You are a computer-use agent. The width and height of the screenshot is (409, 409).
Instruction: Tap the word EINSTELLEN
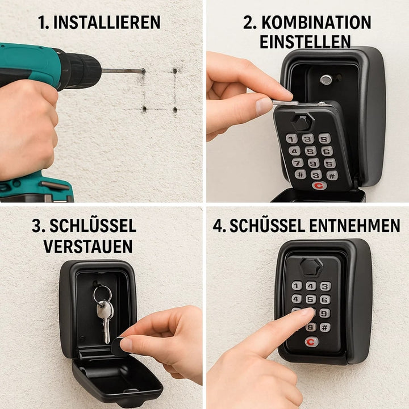point(305,41)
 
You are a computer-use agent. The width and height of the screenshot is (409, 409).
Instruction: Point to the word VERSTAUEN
point(88,246)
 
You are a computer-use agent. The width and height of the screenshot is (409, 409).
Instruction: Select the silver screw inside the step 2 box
point(326,80)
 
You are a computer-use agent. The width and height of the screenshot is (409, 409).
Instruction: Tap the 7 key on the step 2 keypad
point(297,163)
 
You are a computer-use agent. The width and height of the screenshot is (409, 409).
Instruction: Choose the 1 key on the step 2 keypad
point(291,139)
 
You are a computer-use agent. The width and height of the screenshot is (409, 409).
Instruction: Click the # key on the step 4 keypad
point(325,327)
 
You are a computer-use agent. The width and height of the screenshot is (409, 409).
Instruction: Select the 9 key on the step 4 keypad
point(324,313)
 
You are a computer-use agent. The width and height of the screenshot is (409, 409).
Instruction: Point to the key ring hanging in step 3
point(102,294)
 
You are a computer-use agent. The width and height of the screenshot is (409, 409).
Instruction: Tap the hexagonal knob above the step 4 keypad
point(311,266)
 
